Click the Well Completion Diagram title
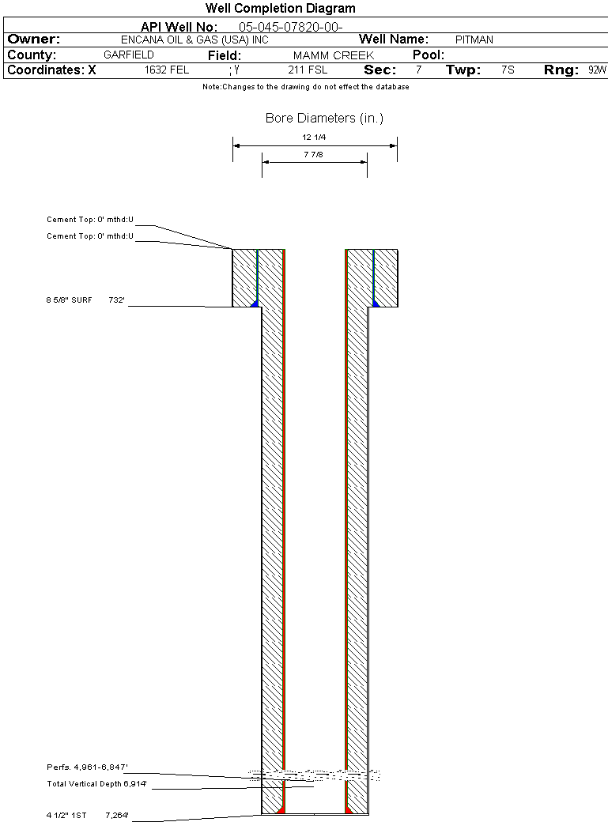click(x=280, y=9)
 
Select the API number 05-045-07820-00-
click(x=291, y=27)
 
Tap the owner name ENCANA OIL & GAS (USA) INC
click(x=194, y=40)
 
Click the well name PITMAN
click(x=474, y=40)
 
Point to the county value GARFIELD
click(x=129, y=55)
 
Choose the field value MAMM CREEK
click(x=334, y=55)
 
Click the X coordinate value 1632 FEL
click(x=167, y=70)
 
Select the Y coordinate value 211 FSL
click(x=308, y=70)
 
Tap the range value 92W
click(x=597, y=70)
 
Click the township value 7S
click(x=508, y=70)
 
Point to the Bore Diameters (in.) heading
click(x=324, y=119)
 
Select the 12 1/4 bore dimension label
click(x=314, y=138)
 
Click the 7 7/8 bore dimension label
click(x=313, y=155)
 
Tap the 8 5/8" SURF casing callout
click(x=69, y=300)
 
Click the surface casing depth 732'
click(x=116, y=300)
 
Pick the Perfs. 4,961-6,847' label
click(x=87, y=767)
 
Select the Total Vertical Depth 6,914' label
click(x=96, y=784)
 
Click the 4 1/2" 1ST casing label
click(x=66, y=815)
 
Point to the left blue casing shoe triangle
click(x=255, y=304)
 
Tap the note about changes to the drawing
click(x=306, y=87)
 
